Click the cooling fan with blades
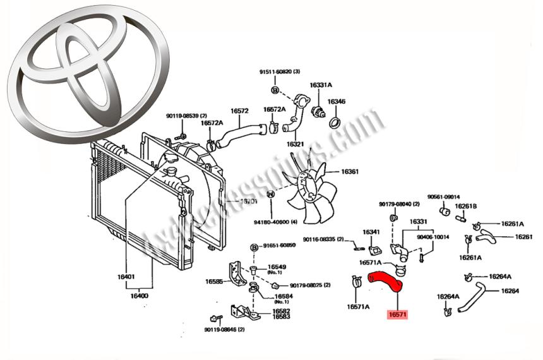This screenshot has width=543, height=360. (x=309, y=192)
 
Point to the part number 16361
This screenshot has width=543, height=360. (x=350, y=171)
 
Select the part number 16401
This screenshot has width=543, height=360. (x=126, y=277)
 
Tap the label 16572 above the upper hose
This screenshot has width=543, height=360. (x=239, y=111)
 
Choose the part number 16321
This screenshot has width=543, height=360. (x=295, y=144)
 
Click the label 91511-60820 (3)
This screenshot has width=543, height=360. (x=280, y=71)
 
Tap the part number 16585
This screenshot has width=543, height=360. (x=213, y=282)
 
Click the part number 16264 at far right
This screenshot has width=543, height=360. (x=510, y=291)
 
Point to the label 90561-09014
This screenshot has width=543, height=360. (x=443, y=196)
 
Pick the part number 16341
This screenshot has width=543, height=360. (x=371, y=232)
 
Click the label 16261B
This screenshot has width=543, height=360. (x=466, y=206)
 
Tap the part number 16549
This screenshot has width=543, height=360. (x=278, y=267)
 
